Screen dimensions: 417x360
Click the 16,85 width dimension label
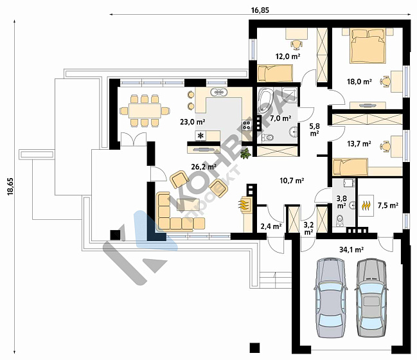click(x=260, y=10)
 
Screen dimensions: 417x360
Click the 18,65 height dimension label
click(x=10, y=186)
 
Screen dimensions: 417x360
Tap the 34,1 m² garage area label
click(x=351, y=249)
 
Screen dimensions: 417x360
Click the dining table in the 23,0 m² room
click(x=145, y=111)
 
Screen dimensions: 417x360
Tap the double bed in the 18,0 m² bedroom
click(x=368, y=46)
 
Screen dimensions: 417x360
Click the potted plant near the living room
click(x=245, y=154)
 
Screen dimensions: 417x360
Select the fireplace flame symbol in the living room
click(x=244, y=204)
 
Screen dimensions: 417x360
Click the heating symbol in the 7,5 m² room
click(x=366, y=206)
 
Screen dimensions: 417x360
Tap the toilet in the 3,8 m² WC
click(x=340, y=221)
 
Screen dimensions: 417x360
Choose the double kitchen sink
click(x=219, y=92)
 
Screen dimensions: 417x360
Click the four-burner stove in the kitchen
click(x=247, y=125)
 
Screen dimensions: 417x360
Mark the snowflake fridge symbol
click(x=200, y=136)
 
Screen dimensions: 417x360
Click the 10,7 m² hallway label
click(x=292, y=181)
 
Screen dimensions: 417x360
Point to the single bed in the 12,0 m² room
click(x=275, y=73)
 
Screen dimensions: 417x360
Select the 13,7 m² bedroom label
click(x=359, y=144)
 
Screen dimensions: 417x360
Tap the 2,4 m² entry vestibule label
click(x=271, y=226)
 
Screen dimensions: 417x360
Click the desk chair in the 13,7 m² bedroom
click(x=386, y=147)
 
